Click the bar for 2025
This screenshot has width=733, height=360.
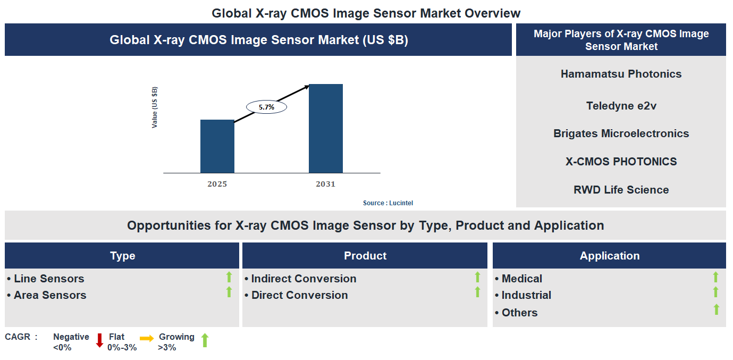point(217,146)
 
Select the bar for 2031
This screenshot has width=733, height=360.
point(325,128)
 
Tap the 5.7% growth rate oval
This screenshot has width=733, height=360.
point(266,107)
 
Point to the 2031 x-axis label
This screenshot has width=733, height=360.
point(325,184)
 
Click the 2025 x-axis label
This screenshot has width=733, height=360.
point(217,184)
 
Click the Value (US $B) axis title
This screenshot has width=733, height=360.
point(155,107)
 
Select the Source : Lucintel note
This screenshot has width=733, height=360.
point(387,203)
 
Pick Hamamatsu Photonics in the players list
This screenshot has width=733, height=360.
point(621,74)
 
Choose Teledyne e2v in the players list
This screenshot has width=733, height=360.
point(621,106)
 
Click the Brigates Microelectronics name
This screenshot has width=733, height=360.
point(621,133)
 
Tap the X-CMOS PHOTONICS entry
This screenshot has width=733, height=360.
point(621,162)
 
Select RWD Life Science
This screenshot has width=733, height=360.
point(621,190)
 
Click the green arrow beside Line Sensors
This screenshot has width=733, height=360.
point(229,277)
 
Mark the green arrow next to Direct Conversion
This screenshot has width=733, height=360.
point(477,292)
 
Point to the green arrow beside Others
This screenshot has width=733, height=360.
point(716,309)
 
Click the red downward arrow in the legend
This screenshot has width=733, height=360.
point(99,340)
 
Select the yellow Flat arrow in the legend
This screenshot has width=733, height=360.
point(147,338)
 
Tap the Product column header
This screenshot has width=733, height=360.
point(365,256)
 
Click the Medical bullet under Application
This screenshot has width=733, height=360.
point(521,279)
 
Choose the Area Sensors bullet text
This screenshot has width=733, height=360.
point(49,295)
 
